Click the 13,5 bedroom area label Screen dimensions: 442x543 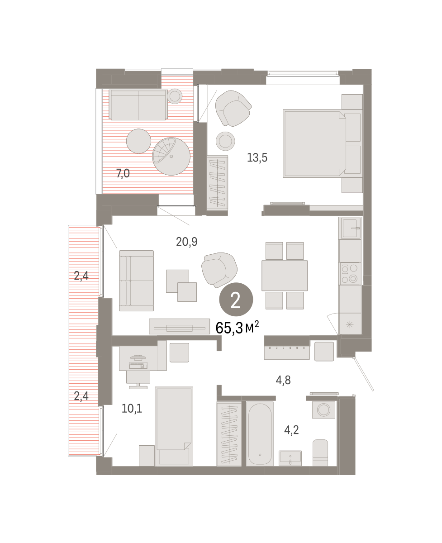click(257, 158)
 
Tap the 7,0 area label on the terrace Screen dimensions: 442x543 click(123, 173)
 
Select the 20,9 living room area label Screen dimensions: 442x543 click(186, 242)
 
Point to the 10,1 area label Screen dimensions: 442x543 click(132, 409)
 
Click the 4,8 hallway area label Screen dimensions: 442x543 click(283, 380)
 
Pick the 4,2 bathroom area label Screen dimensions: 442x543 click(291, 430)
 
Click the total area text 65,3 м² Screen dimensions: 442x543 click(237, 328)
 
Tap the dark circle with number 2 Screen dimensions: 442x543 click(236, 299)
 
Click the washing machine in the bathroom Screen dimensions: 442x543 click(323, 410)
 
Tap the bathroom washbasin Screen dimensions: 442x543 click(290, 458)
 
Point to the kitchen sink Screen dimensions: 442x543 click(349, 228)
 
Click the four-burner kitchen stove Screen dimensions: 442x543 click(350, 274)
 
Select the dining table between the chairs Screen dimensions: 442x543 click(285, 276)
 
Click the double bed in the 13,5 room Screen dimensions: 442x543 click(323, 143)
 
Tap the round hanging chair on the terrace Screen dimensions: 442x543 click(171, 156)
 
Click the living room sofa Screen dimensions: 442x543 click(136, 281)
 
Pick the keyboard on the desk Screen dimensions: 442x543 click(138, 366)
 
